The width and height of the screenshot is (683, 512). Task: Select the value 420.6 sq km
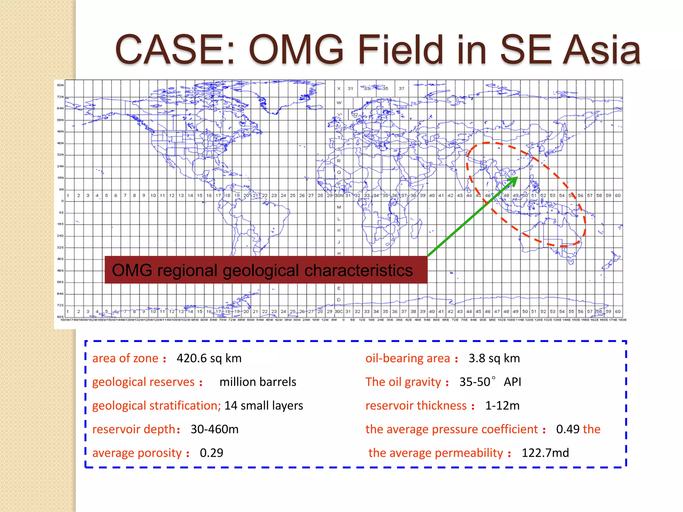(x=209, y=358)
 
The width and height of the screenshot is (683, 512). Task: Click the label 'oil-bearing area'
(x=408, y=358)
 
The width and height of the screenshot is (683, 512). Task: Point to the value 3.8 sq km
(x=494, y=358)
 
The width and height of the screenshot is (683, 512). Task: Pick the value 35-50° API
(x=490, y=382)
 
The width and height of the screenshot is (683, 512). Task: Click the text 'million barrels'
(x=257, y=382)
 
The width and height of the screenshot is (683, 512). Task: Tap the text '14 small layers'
(x=263, y=406)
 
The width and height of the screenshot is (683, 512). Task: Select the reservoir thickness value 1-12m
(x=502, y=406)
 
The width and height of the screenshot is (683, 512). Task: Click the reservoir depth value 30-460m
(x=214, y=429)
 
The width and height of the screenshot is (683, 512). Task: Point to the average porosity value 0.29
(x=211, y=453)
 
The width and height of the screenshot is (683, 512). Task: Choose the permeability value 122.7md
(x=545, y=453)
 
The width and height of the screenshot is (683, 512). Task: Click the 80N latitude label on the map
(x=60, y=85)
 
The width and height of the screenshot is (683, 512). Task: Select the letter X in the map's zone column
(x=338, y=89)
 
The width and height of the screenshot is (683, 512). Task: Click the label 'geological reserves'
(x=143, y=382)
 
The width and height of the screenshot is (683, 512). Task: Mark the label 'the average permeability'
(x=435, y=453)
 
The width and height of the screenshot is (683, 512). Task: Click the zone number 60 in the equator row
(x=617, y=196)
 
